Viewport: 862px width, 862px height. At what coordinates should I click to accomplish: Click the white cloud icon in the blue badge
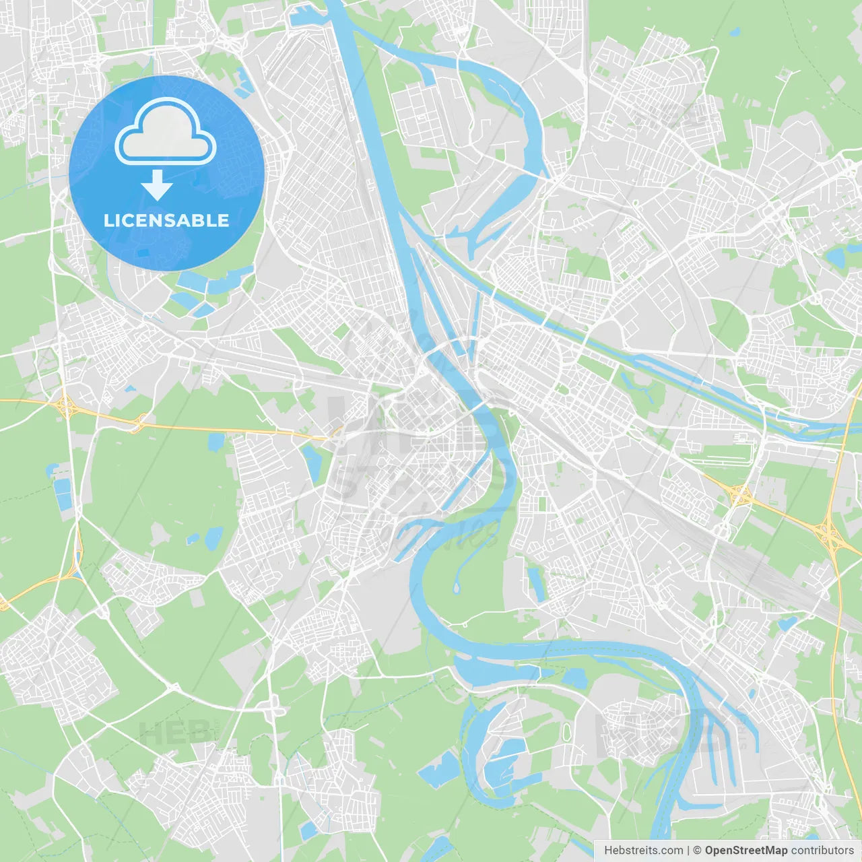[166, 131]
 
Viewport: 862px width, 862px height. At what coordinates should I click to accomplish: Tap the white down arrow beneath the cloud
[157, 185]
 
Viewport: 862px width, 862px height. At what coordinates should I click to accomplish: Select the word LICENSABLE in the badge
[166, 220]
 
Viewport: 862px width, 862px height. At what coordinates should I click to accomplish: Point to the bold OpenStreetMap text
[745, 851]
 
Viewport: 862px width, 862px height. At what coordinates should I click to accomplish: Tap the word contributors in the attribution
[822, 851]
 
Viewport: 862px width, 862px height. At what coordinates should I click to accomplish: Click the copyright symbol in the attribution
[697, 851]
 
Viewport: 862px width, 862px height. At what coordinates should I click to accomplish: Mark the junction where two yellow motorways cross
[830, 535]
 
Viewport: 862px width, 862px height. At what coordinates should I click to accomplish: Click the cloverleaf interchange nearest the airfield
[739, 496]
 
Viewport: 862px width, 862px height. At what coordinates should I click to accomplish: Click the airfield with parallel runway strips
[717, 448]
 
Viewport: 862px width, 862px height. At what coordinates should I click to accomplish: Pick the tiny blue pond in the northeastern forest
[734, 32]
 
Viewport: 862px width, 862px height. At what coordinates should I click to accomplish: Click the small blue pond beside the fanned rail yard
[785, 624]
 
